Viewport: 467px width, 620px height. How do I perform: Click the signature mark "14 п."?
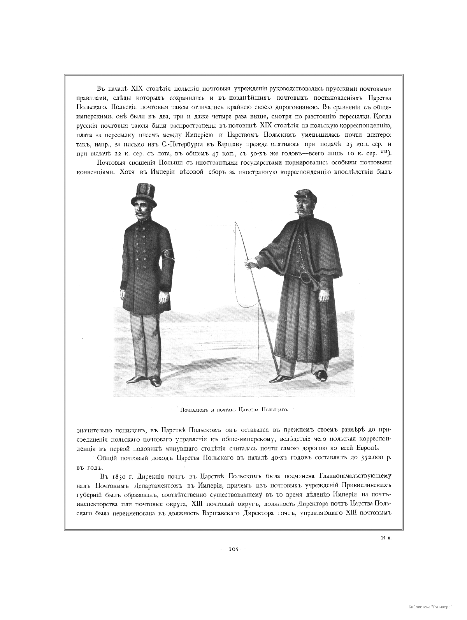386,538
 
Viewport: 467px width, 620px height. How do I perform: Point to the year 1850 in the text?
121,477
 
